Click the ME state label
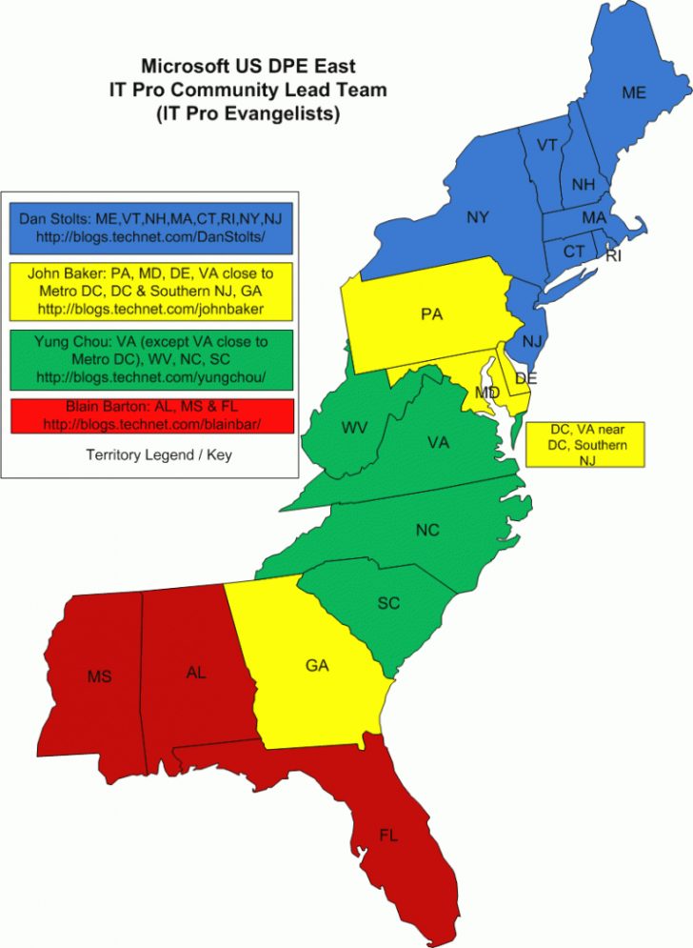tap(634, 92)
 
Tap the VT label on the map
tap(546, 145)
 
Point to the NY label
tap(478, 217)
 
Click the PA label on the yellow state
tap(432, 313)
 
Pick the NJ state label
tap(534, 339)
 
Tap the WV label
tap(355, 427)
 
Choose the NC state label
tap(427, 530)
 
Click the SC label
tap(388, 603)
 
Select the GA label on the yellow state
tap(317, 665)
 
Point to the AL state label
tap(196, 672)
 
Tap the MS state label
tap(99, 676)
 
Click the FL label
tap(388, 835)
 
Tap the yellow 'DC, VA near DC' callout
tap(584, 445)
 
